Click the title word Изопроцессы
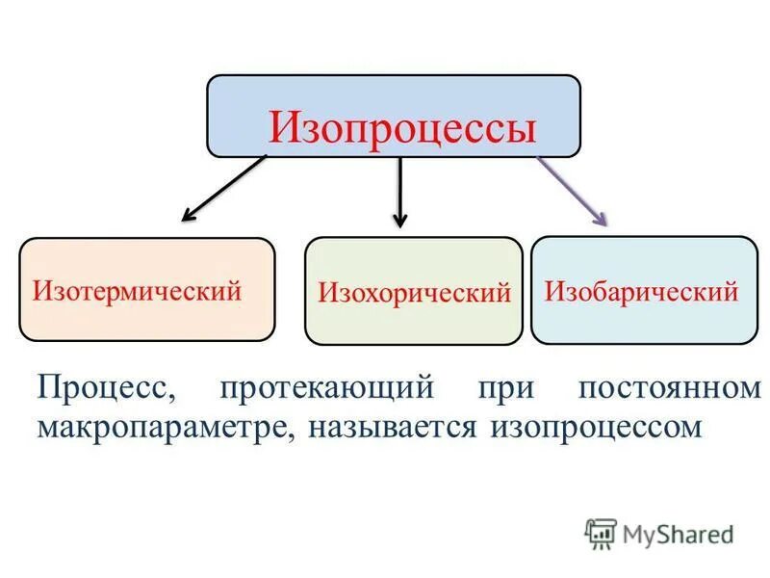pyautogui.click(x=401, y=127)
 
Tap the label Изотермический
pyautogui.click(x=137, y=290)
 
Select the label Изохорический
pyautogui.click(x=414, y=292)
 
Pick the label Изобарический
pyautogui.click(x=642, y=290)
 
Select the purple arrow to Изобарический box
pyautogui.click(x=572, y=189)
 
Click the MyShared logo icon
pyautogui.click(x=601, y=533)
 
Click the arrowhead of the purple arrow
pyautogui.click(x=601, y=217)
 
